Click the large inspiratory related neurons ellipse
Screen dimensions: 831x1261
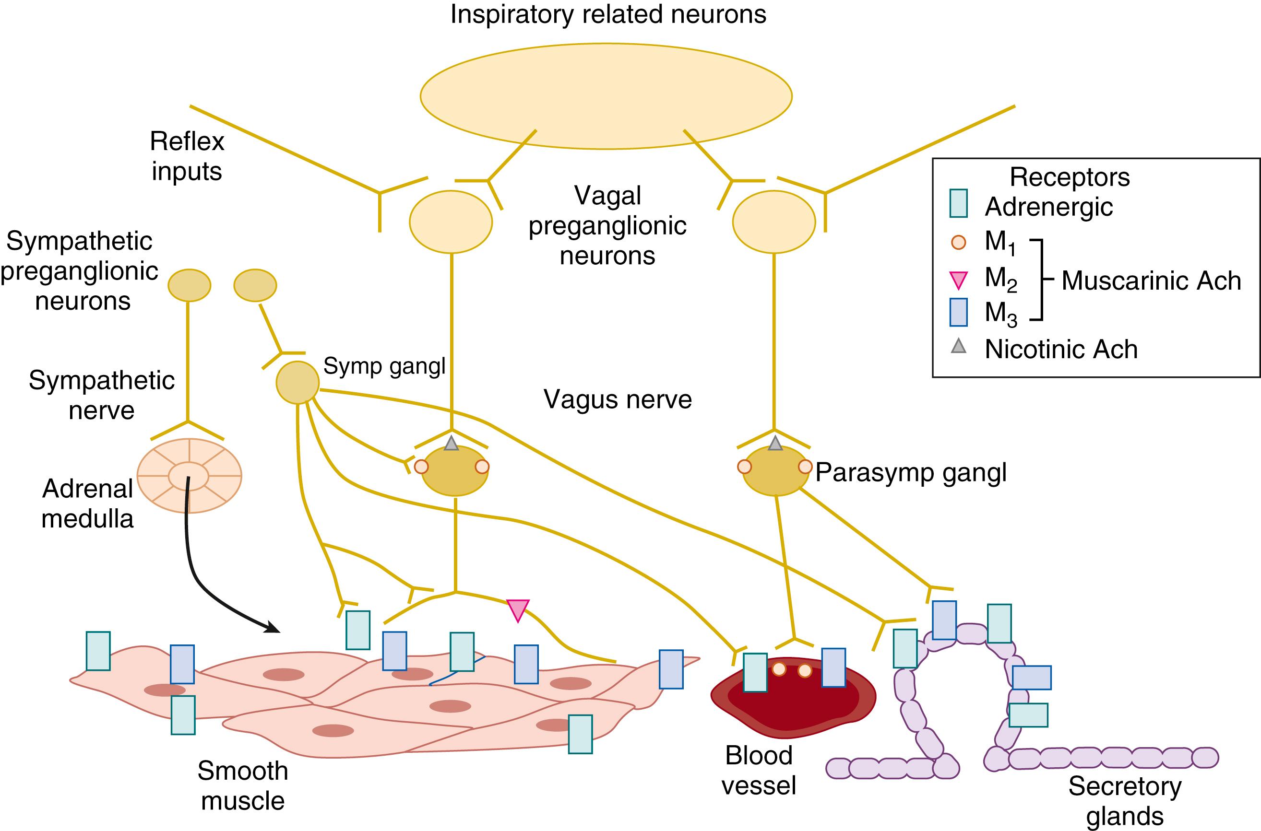[606, 96]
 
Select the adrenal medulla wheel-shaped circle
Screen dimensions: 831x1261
[190, 475]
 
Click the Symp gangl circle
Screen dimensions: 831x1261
[297, 383]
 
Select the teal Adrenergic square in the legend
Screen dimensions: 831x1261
[958, 203]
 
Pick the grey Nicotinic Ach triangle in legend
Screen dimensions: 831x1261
[958, 347]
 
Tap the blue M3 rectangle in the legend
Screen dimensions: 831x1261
[958, 312]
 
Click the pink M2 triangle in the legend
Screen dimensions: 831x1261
[958, 279]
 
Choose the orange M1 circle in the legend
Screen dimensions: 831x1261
[958, 242]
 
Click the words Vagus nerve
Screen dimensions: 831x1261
[617, 399]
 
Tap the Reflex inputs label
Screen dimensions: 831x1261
[187, 156]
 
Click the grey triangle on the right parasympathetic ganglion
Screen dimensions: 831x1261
[775, 444]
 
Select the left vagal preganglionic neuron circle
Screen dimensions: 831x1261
[451, 222]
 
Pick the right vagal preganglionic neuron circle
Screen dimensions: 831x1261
[773, 222]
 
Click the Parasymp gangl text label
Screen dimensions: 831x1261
[911, 472]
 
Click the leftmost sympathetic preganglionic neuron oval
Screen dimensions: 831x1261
[190, 285]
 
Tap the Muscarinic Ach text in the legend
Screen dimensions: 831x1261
[1151, 281]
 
